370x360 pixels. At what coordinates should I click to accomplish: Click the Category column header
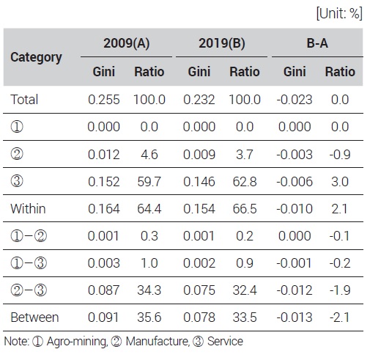tap(36, 57)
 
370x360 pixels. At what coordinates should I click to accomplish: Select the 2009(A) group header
tap(126, 43)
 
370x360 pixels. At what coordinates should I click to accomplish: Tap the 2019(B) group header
tap(222, 43)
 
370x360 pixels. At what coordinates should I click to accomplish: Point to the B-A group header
tap(317, 43)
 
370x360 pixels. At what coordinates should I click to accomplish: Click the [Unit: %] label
tap(339, 13)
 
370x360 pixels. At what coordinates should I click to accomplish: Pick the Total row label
tap(24, 100)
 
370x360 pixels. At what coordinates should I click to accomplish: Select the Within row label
tap(28, 209)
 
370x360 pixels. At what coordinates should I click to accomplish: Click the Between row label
tap(34, 317)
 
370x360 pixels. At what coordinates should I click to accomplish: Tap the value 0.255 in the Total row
tap(104, 100)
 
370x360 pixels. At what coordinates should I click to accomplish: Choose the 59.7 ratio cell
tap(149, 182)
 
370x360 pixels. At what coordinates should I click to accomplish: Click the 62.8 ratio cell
tap(245, 182)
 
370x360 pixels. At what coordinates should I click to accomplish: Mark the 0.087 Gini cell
tap(104, 290)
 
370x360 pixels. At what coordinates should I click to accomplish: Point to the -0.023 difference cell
tap(295, 100)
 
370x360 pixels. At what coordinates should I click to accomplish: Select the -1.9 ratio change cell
tap(340, 290)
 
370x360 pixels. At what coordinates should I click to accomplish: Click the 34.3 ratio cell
tap(149, 290)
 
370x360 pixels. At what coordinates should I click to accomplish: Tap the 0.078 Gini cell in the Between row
tap(199, 317)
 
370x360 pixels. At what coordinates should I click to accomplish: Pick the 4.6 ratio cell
tap(149, 155)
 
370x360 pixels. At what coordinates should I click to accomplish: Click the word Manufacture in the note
tap(158, 341)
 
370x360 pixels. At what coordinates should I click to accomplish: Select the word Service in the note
tap(225, 341)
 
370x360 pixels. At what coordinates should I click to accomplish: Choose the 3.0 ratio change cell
tap(340, 182)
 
